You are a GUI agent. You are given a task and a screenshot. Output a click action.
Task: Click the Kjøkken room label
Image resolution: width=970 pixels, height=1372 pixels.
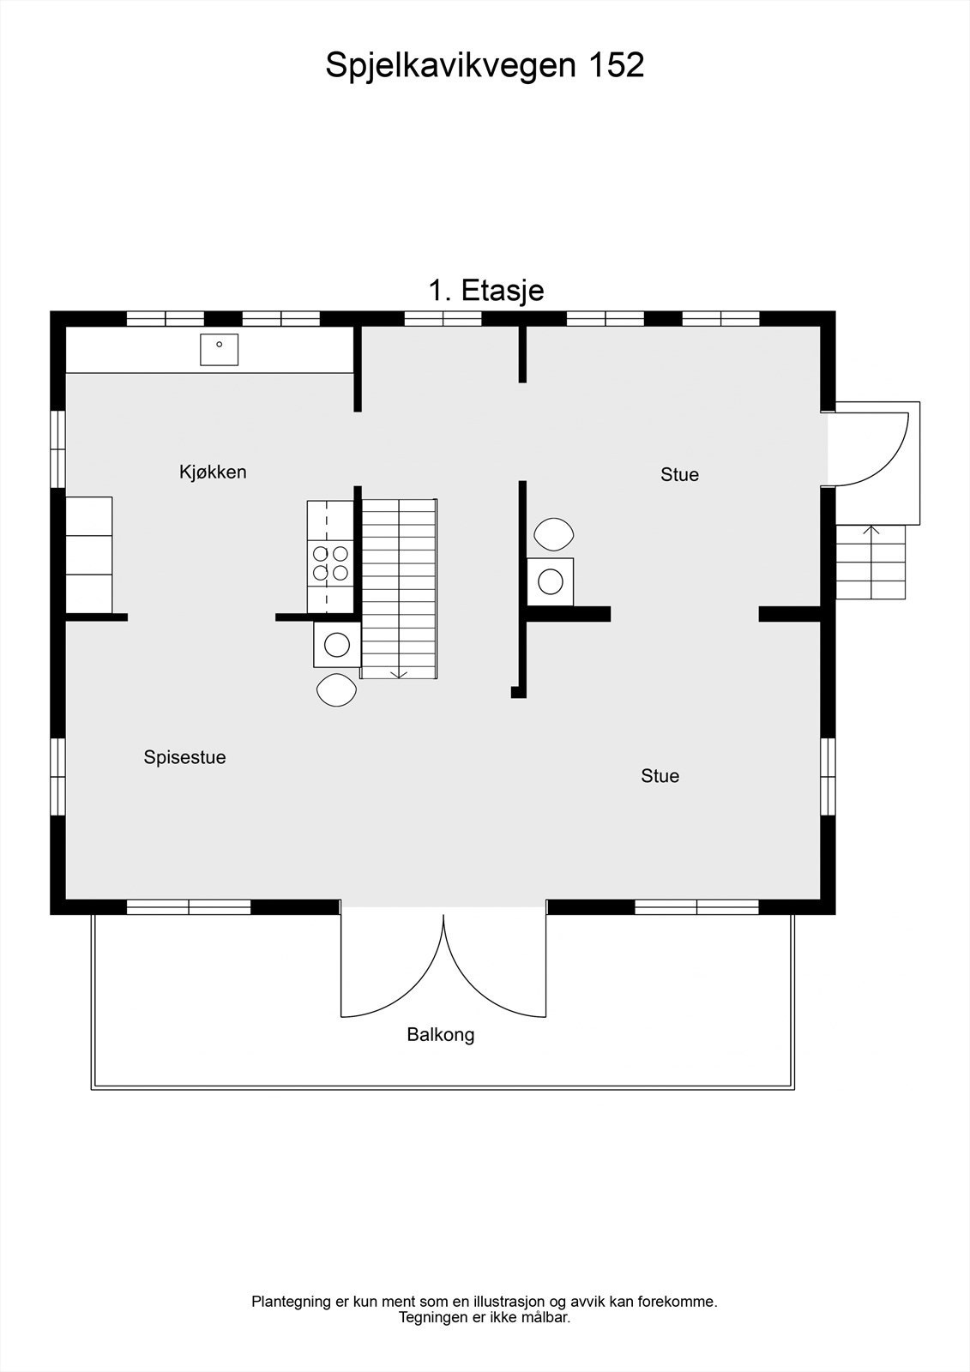point(213,472)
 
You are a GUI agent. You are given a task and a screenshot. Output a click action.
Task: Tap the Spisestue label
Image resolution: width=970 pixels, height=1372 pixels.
point(184,757)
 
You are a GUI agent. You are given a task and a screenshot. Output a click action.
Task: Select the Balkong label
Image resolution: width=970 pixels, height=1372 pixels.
point(440,1034)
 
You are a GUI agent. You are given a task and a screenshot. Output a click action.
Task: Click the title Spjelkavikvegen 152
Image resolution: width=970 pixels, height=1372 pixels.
point(485,65)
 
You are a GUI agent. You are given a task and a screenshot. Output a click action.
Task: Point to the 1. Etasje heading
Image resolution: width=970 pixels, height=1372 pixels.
point(485,290)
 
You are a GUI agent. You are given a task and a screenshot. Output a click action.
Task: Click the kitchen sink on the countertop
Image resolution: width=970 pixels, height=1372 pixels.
point(219,349)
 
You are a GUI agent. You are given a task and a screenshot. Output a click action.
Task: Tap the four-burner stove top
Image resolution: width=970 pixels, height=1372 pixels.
point(330,563)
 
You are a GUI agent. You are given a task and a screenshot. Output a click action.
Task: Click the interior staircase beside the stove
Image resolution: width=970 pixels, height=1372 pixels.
point(399,588)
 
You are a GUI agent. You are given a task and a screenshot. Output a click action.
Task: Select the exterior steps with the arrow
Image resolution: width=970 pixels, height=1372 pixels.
point(871,562)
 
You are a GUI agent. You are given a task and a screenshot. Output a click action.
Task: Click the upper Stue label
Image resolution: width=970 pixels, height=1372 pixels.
point(679,474)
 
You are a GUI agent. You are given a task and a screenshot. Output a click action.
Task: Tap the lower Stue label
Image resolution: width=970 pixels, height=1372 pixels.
point(660,776)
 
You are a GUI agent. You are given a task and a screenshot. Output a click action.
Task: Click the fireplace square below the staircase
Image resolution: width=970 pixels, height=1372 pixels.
point(336,644)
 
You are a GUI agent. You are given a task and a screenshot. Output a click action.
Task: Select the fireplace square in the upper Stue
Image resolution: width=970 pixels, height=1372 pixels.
point(550,581)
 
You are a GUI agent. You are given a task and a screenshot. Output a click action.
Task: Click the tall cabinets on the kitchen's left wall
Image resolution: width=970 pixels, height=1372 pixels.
point(89,554)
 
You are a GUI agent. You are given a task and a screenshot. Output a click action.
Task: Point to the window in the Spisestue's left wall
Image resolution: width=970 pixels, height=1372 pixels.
point(57,776)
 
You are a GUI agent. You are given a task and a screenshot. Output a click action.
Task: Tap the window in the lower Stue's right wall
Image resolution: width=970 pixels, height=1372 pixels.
point(828,776)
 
